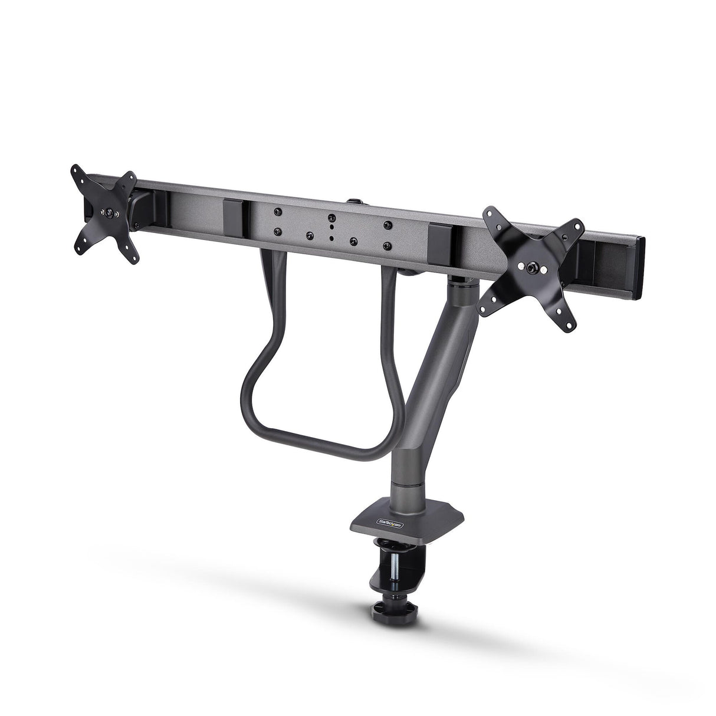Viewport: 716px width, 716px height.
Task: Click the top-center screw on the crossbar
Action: tap(332, 218)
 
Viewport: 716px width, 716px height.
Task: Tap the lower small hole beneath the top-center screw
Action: tap(332, 238)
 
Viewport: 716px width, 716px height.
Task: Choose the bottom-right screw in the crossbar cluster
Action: tap(386, 245)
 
